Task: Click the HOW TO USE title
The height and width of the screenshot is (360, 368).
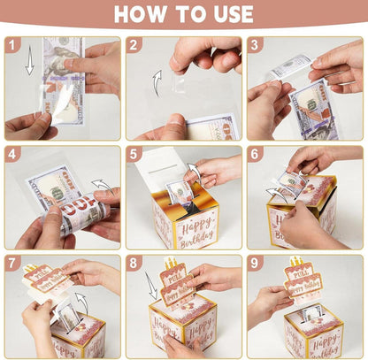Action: tap(184, 14)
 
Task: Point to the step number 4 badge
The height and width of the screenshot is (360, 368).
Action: tap(13, 154)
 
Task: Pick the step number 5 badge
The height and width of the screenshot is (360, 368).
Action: tap(134, 154)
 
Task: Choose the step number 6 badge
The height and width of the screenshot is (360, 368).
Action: tap(256, 154)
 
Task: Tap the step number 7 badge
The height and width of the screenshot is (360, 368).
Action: tap(13, 264)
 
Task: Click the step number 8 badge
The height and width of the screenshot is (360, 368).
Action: tap(134, 264)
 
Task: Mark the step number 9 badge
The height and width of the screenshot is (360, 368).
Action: tap(256, 264)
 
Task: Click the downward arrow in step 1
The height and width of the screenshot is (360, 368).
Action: tap(29, 63)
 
